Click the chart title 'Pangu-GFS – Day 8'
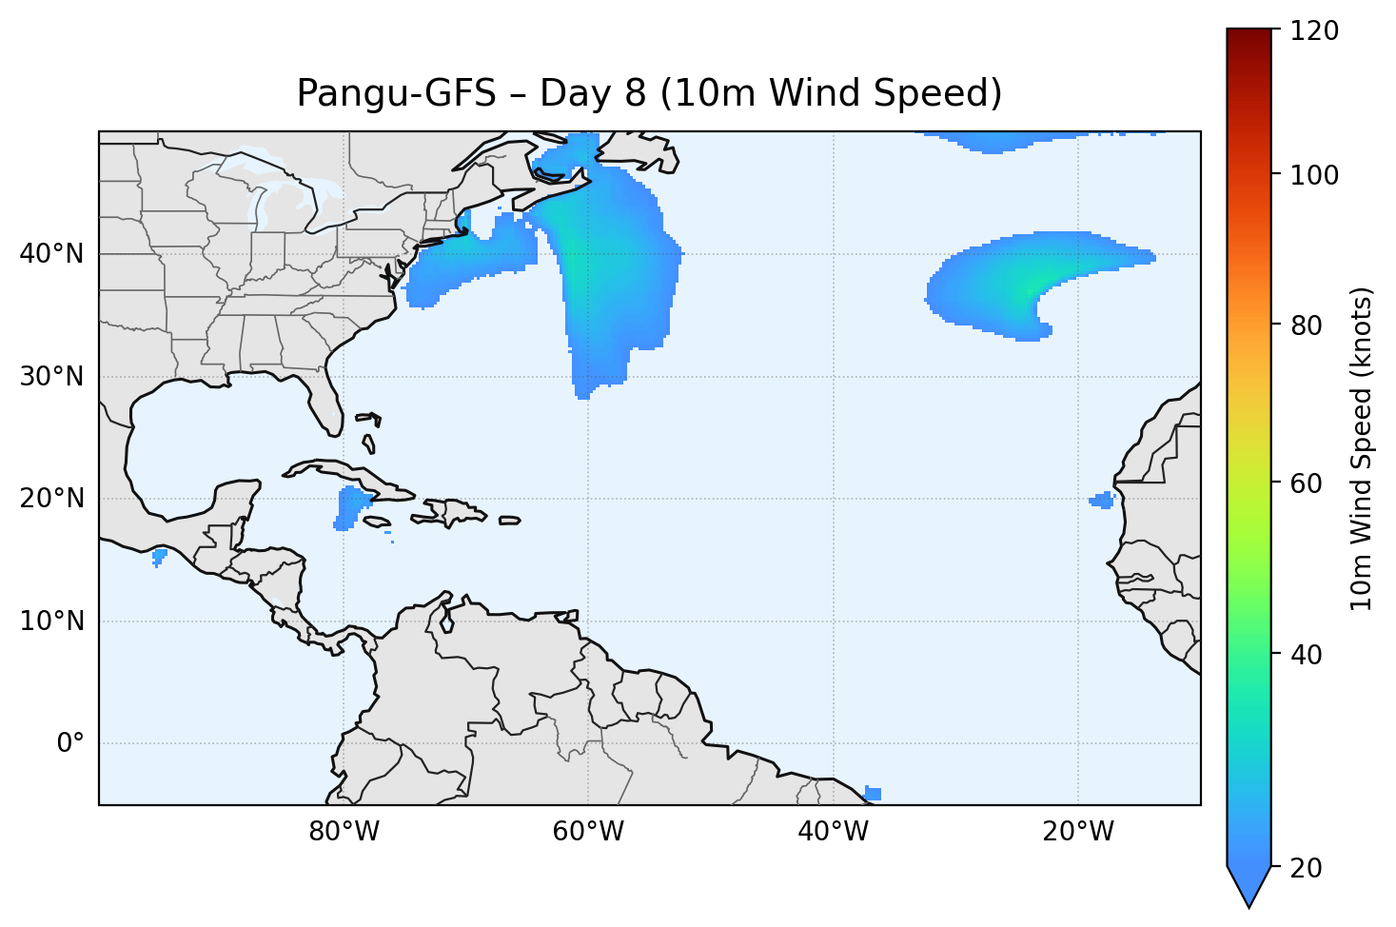pos(649,93)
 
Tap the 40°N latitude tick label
pos(51,254)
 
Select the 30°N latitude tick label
pos(51,377)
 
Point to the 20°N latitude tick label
pos(51,499)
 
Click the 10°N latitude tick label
pos(51,621)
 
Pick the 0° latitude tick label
pos(69,743)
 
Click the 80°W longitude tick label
pos(344,832)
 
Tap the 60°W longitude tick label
pos(588,832)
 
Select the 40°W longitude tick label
pos(833,832)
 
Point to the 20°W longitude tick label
pos(1077,832)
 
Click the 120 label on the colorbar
pos(1316,31)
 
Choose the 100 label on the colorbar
pos(1316,175)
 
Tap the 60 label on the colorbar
pos(1309,483)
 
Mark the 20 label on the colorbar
pos(1309,868)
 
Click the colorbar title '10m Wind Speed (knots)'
pos(1362,448)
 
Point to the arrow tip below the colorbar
pos(1249,904)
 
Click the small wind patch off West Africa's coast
pos(1102,500)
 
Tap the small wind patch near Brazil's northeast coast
pos(873,794)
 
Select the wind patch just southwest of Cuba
pos(352,506)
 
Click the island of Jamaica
pos(377,522)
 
